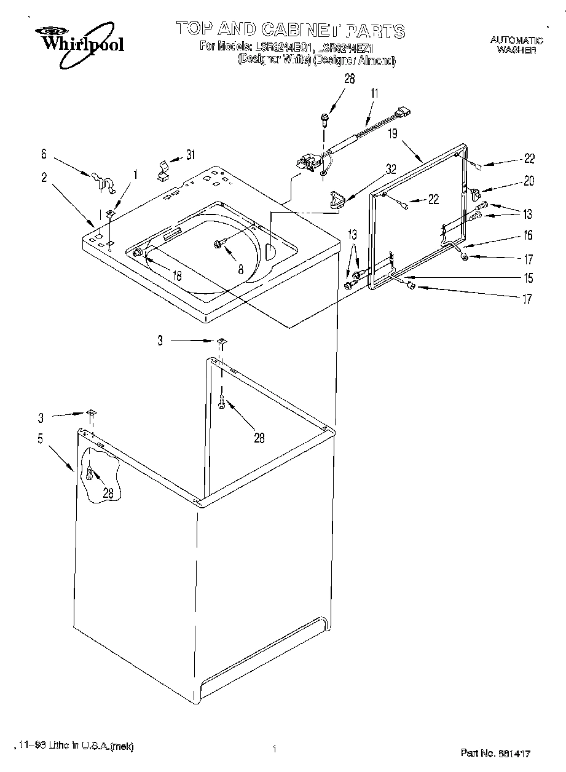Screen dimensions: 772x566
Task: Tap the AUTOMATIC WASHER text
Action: click(516, 45)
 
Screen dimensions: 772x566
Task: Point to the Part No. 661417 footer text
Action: click(495, 752)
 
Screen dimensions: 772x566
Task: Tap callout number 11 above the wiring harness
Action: click(374, 93)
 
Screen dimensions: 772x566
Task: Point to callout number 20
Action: click(528, 181)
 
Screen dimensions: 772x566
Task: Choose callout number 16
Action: click(527, 235)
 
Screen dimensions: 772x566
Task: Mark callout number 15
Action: click(527, 278)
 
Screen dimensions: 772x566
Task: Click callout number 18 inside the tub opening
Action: click(177, 277)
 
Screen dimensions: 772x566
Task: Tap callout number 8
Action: click(241, 268)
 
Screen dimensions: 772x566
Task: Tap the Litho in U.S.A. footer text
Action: click(73, 746)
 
